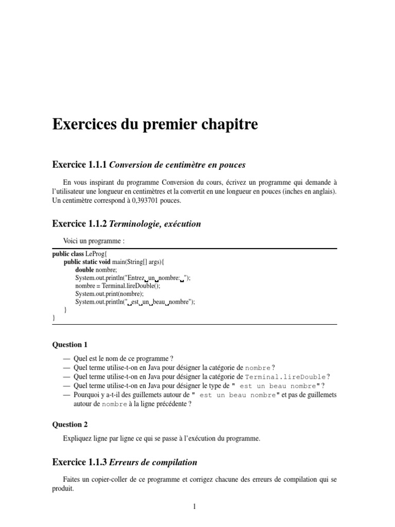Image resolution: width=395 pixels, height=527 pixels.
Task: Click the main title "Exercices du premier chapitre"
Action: [x=155, y=125]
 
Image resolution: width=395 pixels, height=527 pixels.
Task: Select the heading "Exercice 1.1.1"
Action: [x=80, y=165]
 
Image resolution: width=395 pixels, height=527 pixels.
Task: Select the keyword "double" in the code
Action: [x=84, y=270]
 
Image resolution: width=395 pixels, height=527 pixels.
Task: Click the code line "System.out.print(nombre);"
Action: [x=109, y=294]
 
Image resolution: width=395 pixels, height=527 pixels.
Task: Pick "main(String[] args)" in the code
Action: [x=137, y=262]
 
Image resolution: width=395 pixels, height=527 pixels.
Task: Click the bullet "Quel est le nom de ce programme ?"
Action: [x=124, y=358]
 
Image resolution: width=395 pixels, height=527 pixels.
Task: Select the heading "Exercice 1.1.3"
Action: [x=80, y=463]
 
